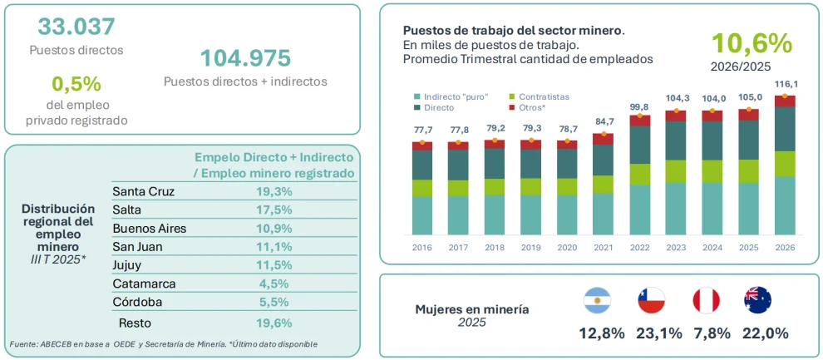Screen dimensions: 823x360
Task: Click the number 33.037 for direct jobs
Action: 76,27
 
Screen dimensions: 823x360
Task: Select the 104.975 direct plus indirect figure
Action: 245,57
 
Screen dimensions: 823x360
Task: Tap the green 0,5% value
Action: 76,83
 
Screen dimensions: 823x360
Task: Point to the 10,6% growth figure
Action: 752,43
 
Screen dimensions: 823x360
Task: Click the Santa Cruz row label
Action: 143,191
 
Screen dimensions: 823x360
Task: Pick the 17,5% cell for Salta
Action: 271,210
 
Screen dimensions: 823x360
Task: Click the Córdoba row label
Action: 137,303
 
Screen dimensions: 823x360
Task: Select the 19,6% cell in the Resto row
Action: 271,323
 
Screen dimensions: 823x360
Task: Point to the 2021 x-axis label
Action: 603,247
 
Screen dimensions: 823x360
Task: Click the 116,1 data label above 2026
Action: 785,84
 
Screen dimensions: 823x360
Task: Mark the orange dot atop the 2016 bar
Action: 422,142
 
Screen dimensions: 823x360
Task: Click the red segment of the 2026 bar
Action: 785,101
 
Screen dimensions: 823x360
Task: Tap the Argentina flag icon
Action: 597,301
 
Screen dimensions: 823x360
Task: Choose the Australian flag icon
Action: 757,301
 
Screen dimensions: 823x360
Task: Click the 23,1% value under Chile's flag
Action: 658,333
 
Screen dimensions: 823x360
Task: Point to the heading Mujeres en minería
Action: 472,309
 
